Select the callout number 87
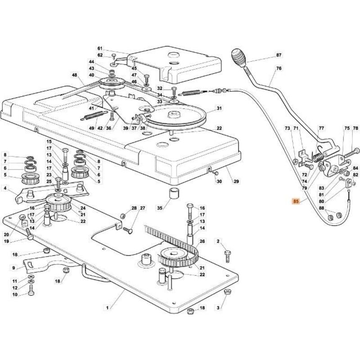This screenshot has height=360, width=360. pos(279,55)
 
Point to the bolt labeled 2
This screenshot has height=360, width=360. pos(227,256)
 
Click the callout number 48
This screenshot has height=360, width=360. pos(75,76)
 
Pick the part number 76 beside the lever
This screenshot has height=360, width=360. pos(279,69)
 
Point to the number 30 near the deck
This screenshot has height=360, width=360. pos(219,181)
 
